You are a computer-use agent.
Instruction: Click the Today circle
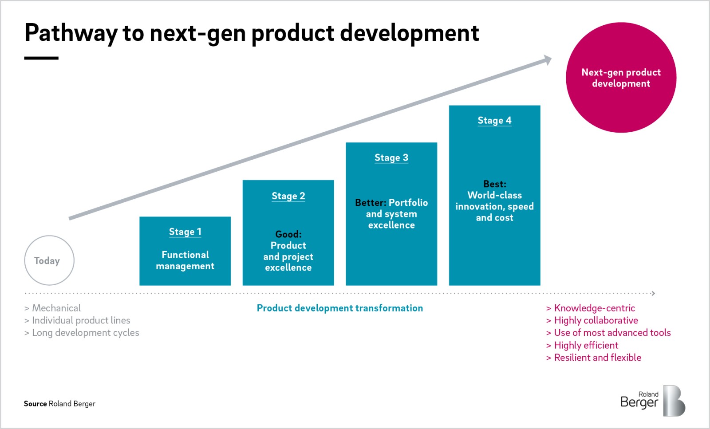pos(49,260)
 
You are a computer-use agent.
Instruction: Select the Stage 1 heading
pos(185,232)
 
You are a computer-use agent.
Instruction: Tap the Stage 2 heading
pos(288,196)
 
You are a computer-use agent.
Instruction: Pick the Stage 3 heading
pos(391,157)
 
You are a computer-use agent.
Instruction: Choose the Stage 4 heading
pos(494,120)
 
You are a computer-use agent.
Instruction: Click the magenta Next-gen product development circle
pos(621,78)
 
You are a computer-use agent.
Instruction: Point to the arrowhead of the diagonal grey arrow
pos(548,60)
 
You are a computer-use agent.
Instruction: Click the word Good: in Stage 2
pos(288,234)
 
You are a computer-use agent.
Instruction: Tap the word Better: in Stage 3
pos(371,203)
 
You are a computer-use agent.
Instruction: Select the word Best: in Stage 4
pos(494,184)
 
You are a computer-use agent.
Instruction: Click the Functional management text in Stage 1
pos(185,260)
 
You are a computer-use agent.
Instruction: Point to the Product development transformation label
pos(339,308)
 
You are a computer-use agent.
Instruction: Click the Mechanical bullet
pos(56,308)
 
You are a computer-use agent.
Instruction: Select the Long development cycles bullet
pos(85,333)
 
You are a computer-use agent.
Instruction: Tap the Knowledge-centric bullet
pos(594,308)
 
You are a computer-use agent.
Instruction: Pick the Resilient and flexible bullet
pos(597,358)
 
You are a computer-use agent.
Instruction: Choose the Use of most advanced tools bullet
pos(612,333)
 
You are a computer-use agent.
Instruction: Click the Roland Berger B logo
pos(674,401)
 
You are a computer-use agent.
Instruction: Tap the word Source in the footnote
pos(35,404)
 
